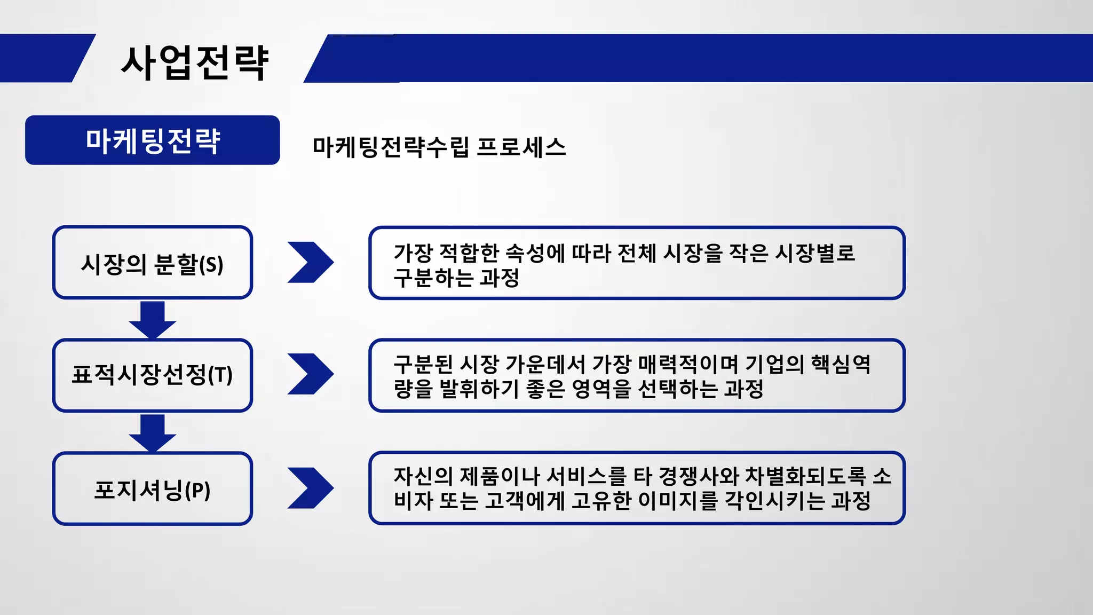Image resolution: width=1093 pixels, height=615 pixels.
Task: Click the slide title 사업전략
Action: tap(195, 63)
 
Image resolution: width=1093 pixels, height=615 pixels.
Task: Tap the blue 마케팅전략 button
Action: tap(152, 140)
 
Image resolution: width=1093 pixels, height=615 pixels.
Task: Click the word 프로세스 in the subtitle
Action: tap(520, 147)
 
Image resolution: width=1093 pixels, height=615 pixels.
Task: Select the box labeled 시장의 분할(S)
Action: tap(152, 263)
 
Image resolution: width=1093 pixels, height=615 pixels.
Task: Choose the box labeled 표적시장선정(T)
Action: tap(152, 375)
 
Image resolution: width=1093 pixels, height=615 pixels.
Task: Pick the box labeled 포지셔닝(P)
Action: tap(152, 489)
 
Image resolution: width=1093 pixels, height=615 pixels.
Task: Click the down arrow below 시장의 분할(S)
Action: tap(152, 319)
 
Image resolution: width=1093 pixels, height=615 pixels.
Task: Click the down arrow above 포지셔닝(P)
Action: tap(152, 432)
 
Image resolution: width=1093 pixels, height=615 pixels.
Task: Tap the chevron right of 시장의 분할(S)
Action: tap(310, 262)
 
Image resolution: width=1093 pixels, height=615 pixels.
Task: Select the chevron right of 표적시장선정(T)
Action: tap(310, 374)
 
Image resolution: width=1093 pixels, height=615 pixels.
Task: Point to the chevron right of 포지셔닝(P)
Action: tap(310, 488)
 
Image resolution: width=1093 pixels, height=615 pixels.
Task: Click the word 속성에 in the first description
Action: tap(534, 253)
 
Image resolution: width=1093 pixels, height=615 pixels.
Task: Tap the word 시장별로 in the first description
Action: tap(814, 253)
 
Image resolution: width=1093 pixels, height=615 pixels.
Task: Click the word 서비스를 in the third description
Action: tap(587, 476)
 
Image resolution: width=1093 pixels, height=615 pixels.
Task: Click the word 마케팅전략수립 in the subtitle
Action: tap(391, 147)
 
